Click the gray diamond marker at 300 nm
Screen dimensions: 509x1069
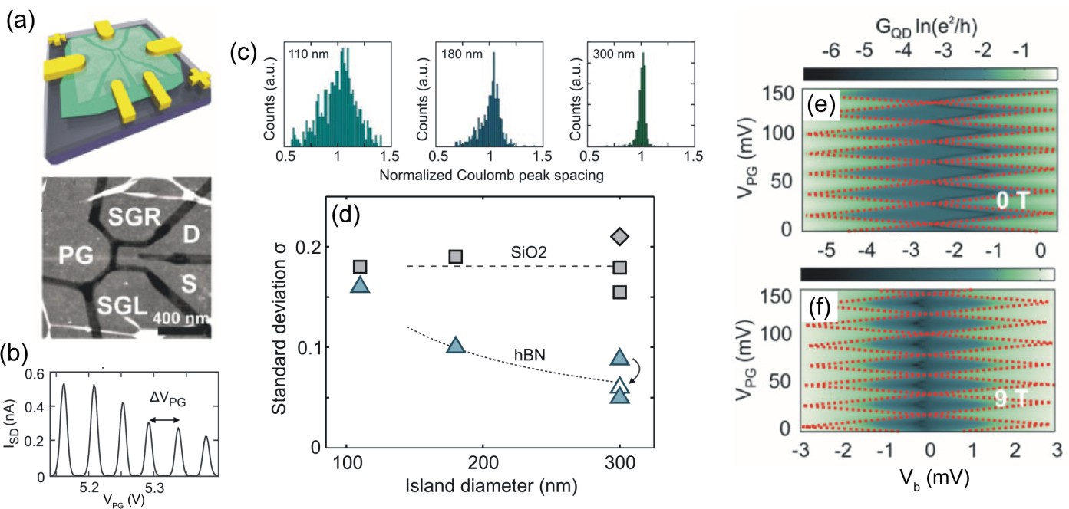(619, 236)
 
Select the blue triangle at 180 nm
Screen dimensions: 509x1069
(456, 346)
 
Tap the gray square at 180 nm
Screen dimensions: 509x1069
(456, 256)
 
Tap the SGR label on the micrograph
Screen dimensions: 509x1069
(131, 218)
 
